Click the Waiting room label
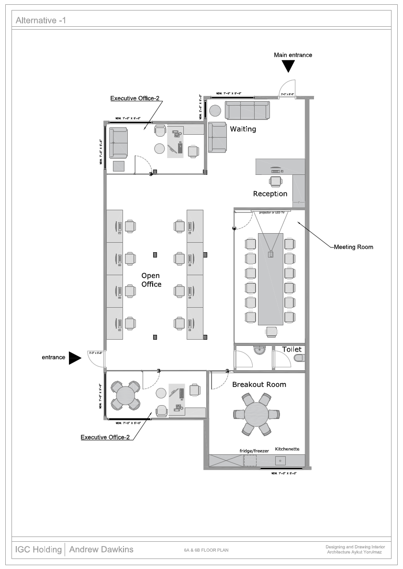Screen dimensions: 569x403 [243, 129]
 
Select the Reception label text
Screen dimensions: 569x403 [270, 193]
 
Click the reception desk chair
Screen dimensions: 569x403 [276, 181]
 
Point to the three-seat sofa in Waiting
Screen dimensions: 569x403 [247, 110]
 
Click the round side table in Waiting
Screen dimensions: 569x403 [215, 110]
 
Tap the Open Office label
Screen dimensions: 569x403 [151, 280]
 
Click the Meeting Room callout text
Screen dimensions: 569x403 [353, 247]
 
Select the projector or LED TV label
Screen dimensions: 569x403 [271, 212]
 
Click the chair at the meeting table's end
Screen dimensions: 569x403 [271, 331]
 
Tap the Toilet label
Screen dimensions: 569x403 [291, 349]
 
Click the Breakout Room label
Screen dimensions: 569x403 [259, 384]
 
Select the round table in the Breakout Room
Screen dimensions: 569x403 [257, 414]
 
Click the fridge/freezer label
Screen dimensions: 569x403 [254, 451]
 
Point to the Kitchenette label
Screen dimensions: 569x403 [287, 449]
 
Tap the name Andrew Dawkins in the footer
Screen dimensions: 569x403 [101, 549]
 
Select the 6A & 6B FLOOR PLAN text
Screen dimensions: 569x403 [206, 550]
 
